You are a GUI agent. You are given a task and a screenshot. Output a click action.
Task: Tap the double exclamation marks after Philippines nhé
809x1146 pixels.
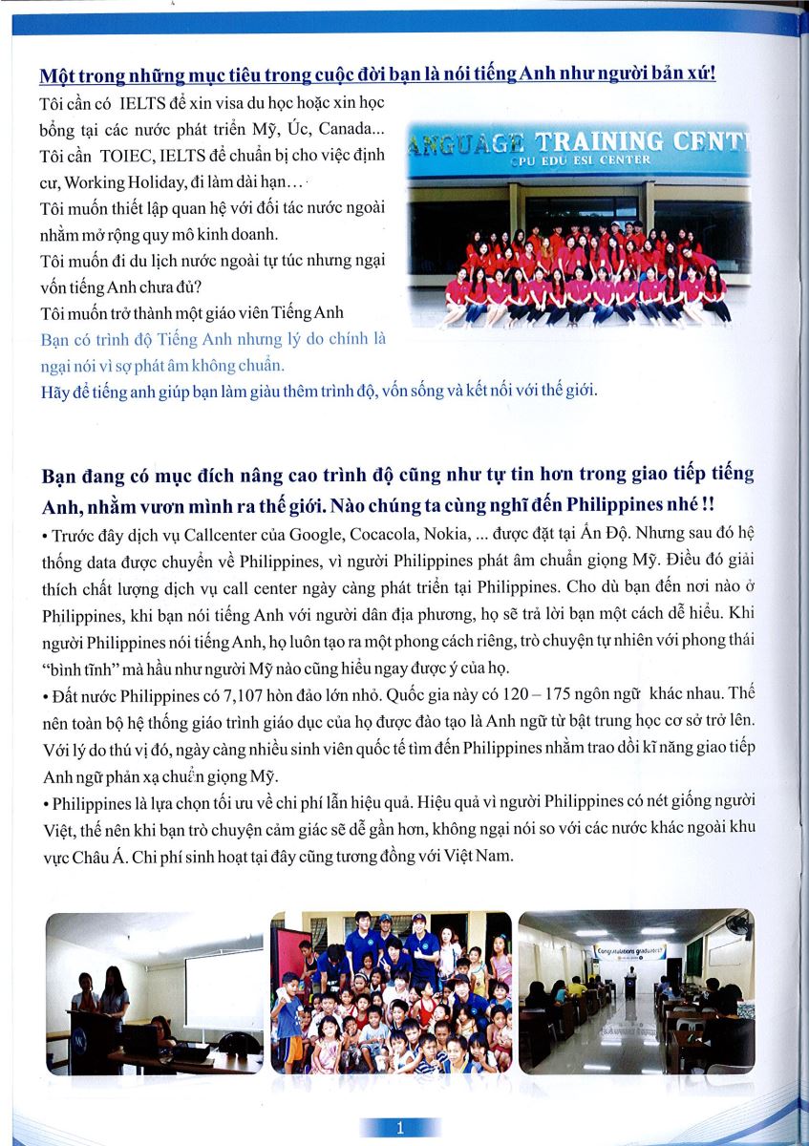[x=709, y=502]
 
